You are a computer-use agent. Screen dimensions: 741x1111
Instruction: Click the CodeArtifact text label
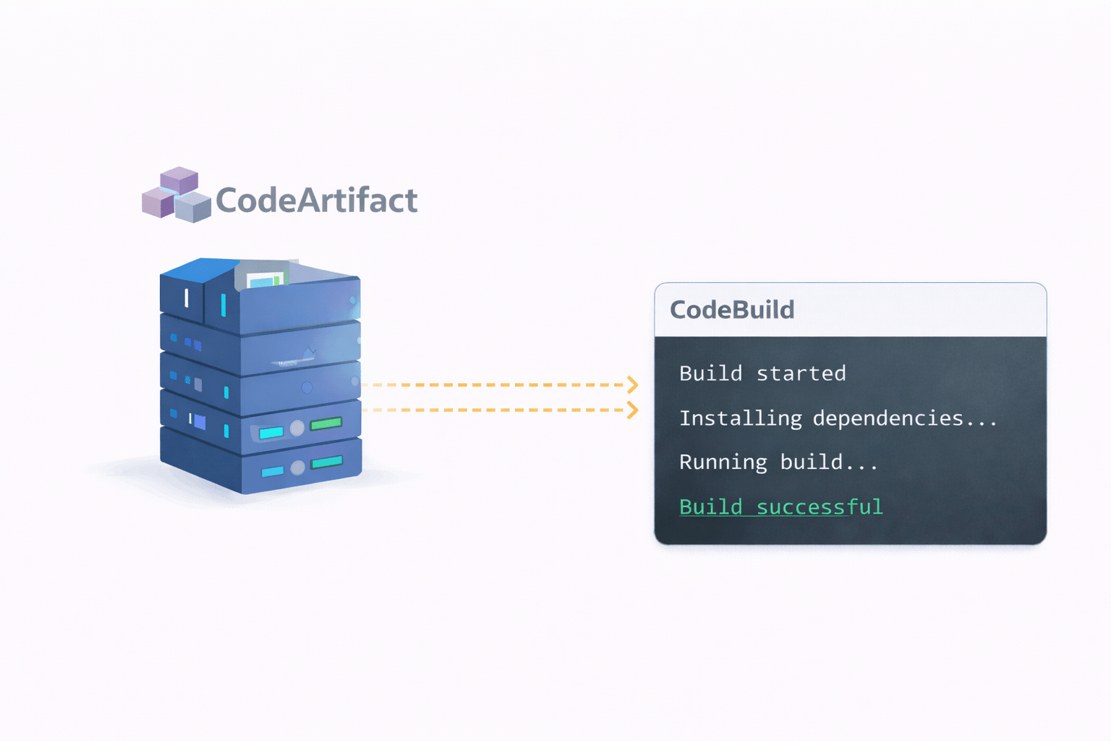point(317,200)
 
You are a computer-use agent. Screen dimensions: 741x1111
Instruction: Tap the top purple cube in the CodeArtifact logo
point(179,179)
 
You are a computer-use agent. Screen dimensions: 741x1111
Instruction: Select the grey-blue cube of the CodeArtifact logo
point(193,207)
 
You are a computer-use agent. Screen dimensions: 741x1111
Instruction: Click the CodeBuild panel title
point(732,310)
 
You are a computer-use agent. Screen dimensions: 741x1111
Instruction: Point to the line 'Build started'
point(762,373)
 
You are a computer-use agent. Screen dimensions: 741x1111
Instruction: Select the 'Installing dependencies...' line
point(838,418)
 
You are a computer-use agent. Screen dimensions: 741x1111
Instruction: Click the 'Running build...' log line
point(778,462)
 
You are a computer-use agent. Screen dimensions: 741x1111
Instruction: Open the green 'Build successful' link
point(781,507)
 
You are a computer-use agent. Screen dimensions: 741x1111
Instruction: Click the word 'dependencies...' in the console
point(905,418)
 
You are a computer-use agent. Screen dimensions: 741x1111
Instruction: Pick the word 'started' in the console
point(801,373)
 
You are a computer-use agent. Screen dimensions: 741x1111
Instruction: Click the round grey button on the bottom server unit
point(297,468)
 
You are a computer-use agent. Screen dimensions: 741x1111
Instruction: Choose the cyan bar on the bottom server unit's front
point(272,472)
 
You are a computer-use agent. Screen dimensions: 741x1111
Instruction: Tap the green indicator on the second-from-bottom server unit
point(325,423)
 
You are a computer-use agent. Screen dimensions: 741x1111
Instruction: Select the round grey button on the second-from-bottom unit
point(297,428)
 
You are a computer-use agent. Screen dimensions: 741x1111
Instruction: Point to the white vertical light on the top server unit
point(187,297)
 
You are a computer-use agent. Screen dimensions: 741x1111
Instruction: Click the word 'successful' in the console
point(820,507)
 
